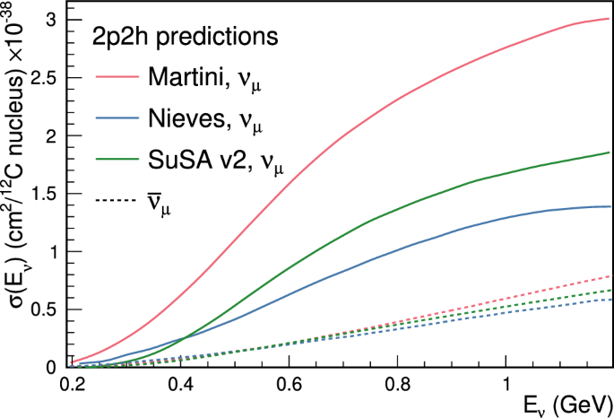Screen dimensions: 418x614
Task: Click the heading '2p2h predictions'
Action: pos(183,39)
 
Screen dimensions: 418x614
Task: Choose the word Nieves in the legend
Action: pos(186,119)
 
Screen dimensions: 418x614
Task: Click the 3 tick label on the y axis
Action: pos(53,20)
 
